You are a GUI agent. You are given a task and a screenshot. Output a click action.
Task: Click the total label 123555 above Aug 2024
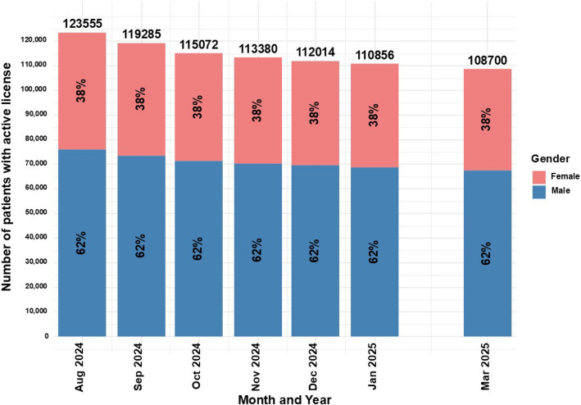[x=82, y=25]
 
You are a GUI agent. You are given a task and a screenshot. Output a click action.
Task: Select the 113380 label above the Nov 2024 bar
[x=257, y=49]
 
